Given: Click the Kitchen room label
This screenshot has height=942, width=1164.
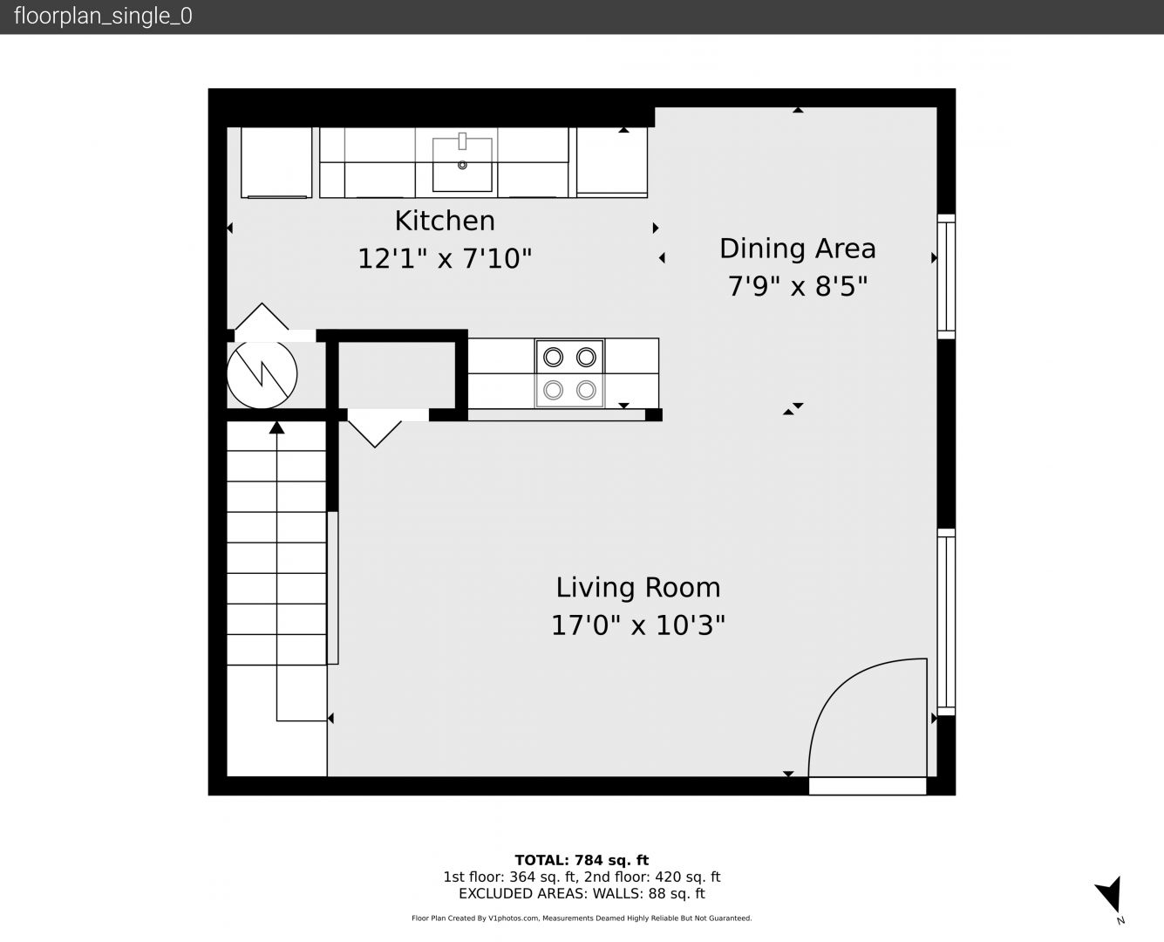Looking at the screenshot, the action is coord(445,222).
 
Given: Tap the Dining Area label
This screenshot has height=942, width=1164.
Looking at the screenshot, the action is coord(797,249).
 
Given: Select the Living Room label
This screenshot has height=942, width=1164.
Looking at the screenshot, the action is coord(637,588).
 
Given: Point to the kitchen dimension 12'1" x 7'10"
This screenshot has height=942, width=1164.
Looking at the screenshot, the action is coord(445,258).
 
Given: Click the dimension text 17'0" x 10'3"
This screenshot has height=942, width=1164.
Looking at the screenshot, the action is coord(637,625).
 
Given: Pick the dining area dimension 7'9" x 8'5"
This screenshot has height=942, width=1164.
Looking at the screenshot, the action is coord(797,286).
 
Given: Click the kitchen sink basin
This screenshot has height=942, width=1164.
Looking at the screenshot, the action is coord(462,165).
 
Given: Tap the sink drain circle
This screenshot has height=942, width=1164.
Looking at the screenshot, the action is coord(462,165).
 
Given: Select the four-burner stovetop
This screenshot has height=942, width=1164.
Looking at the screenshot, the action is coord(569,373).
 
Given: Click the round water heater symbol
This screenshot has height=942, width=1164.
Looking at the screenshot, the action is coord(262,374).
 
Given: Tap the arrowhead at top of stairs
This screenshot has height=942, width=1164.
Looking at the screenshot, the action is coord(277,427).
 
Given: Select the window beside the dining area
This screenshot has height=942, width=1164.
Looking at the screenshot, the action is coord(947,276).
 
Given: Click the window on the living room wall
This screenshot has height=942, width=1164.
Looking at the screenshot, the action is coord(947,622).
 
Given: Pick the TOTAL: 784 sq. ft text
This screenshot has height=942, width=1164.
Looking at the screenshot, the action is coord(582,860).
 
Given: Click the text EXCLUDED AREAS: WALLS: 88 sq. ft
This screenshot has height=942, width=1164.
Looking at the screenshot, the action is coord(582,893).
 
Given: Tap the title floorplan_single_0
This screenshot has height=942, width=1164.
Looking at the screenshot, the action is coord(103,17).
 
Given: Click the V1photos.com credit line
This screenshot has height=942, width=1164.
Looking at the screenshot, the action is coord(582,918).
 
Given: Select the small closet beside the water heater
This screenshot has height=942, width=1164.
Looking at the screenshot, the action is coord(398,375).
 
